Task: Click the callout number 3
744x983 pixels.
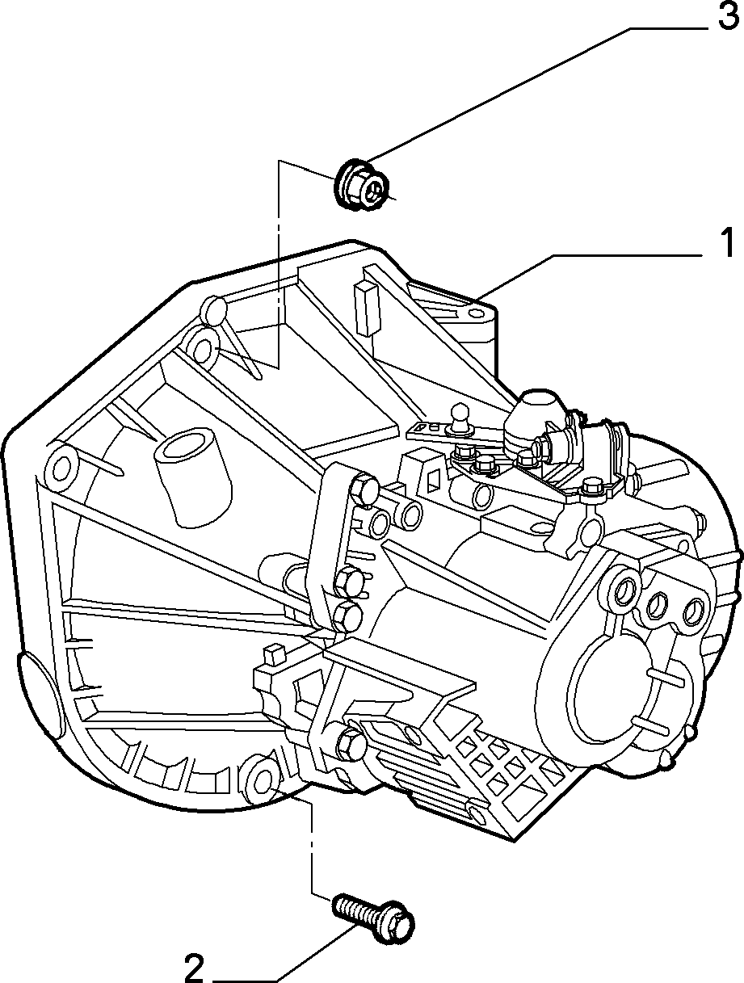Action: point(727,17)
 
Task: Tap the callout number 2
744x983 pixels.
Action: point(193,968)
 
